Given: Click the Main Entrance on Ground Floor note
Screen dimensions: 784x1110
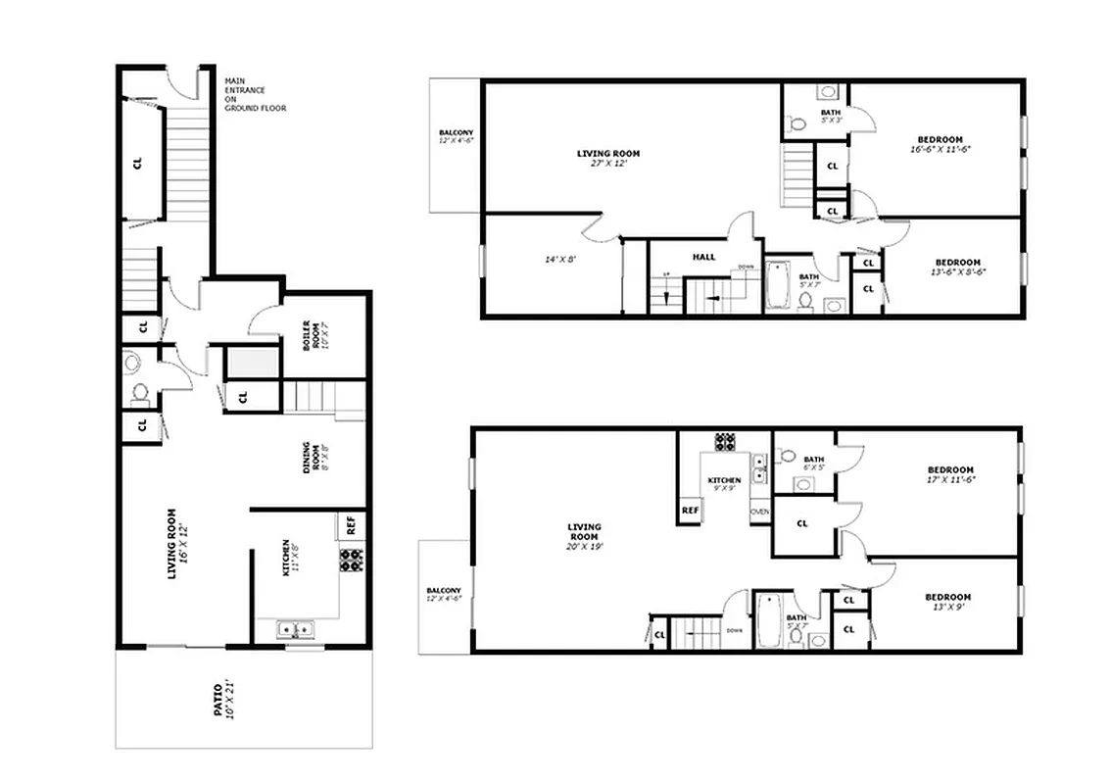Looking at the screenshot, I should click(x=255, y=94).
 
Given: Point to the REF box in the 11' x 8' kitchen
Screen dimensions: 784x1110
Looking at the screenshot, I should click(x=351, y=525).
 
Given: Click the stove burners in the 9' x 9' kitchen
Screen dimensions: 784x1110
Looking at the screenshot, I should click(x=726, y=441).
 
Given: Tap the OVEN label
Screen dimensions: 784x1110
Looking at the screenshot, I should click(x=760, y=513).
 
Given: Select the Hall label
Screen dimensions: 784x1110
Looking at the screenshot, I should click(x=703, y=258).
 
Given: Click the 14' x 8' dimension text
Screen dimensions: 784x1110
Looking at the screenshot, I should click(x=560, y=260).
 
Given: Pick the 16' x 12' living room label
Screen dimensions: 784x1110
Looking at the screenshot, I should click(x=177, y=543).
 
